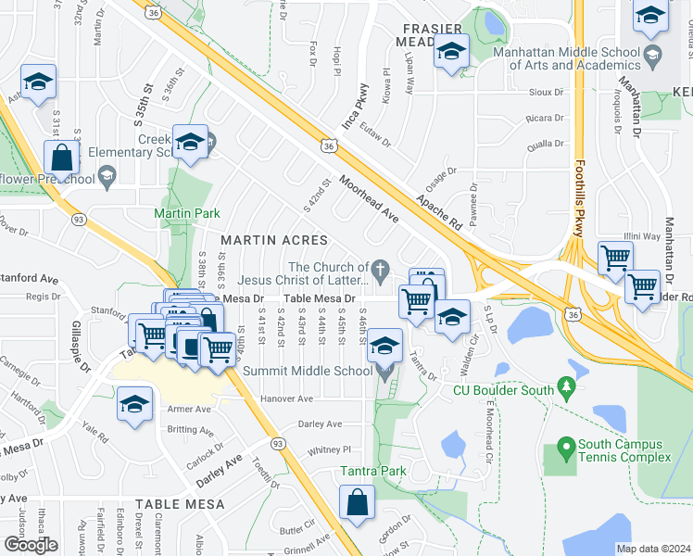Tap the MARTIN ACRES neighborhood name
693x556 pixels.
261,240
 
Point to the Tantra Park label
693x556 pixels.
372,472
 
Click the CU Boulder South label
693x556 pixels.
504,390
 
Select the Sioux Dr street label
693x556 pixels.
545,93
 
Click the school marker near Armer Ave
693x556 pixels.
135,405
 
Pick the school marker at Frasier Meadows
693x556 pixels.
451,52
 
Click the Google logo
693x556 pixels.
31,544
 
